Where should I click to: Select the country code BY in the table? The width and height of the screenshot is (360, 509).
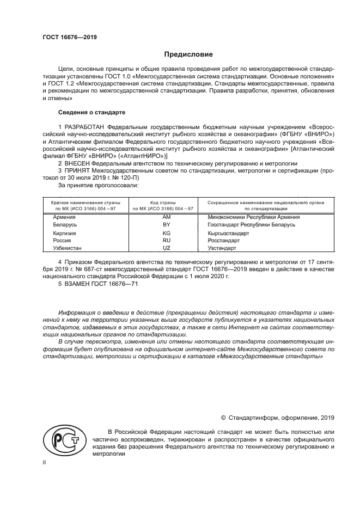tap(167, 224)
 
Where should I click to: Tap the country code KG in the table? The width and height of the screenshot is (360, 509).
tap(167, 233)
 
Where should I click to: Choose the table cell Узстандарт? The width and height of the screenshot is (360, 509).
tap(222, 248)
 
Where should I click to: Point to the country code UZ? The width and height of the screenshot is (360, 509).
tap(167, 248)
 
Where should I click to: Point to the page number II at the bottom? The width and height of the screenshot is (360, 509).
tap(45, 462)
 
